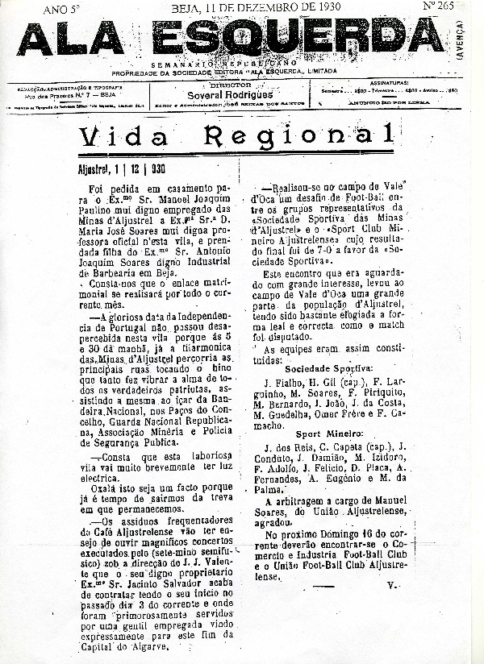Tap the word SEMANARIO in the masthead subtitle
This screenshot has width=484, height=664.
coord(176,62)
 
